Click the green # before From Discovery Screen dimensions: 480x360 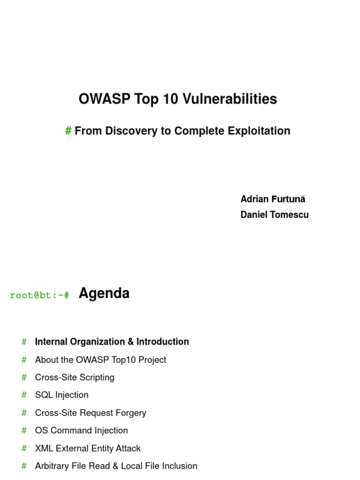pyautogui.click(x=68, y=131)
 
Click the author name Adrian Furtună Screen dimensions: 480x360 pyautogui.click(x=273, y=199)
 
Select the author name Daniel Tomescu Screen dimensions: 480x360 pyautogui.click(x=274, y=215)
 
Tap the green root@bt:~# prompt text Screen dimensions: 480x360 pyautogui.click(x=39, y=295)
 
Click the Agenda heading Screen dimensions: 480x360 pyautogui.click(x=104, y=293)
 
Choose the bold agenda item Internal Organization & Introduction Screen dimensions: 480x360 pyautogui.click(x=112, y=342)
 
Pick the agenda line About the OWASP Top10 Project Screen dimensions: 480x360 pyautogui.click(x=101, y=360)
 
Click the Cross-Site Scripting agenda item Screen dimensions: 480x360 pyautogui.click(x=75, y=377)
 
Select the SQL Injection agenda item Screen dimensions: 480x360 pyautogui.click(x=62, y=395)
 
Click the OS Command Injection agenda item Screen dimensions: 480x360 pyautogui.click(x=82, y=430)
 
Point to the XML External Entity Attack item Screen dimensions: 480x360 pyautogui.click(x=88, y=448)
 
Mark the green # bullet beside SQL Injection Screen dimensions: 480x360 pyautogui.click(x=24, y=395)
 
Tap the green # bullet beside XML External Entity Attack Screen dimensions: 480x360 pyautogui.click(x=24, y=448)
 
